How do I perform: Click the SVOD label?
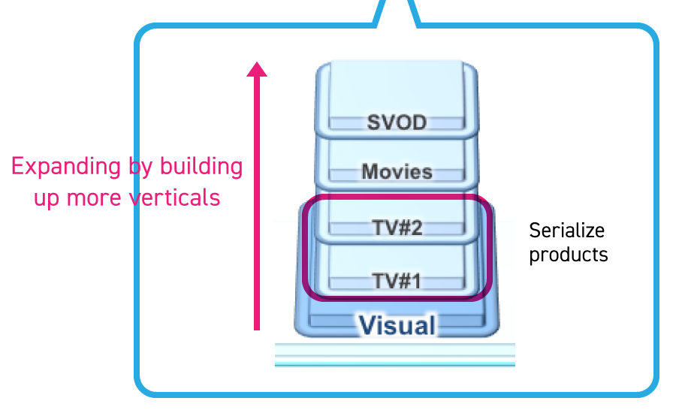[x=397, y=122]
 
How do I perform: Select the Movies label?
[x=397, y=171]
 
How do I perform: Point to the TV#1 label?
[x=397, y=282]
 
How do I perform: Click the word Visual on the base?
[x=397, y=325]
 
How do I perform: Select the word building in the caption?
[x=202, y=167]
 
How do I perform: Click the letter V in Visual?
[x=367, y=325]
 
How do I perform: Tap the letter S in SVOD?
[x=373, y=122]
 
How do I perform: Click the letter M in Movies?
[x=369, y=171]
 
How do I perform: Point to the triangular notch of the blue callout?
[x=397, y=9]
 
